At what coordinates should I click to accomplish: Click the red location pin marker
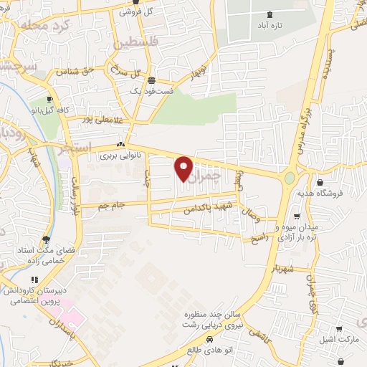[x=184, y=169]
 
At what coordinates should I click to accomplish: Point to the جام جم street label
[x=113, y=205]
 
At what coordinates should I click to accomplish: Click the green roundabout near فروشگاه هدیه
[x=290, y=177]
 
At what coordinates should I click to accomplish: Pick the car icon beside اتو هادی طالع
[x=209, y=338]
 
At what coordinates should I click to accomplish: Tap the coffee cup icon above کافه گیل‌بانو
[x=49, y=99]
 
